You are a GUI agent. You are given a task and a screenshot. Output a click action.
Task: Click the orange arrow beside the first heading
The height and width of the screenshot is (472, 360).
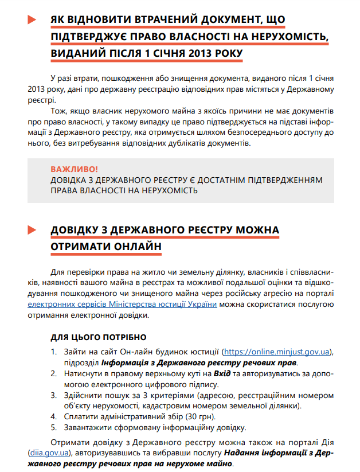click(x=32, y=20)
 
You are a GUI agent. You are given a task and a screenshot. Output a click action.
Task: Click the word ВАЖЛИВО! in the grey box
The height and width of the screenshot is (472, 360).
click(x=74, y=170)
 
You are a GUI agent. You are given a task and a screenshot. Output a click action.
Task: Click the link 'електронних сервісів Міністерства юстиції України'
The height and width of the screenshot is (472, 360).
click(x=123, y=305)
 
